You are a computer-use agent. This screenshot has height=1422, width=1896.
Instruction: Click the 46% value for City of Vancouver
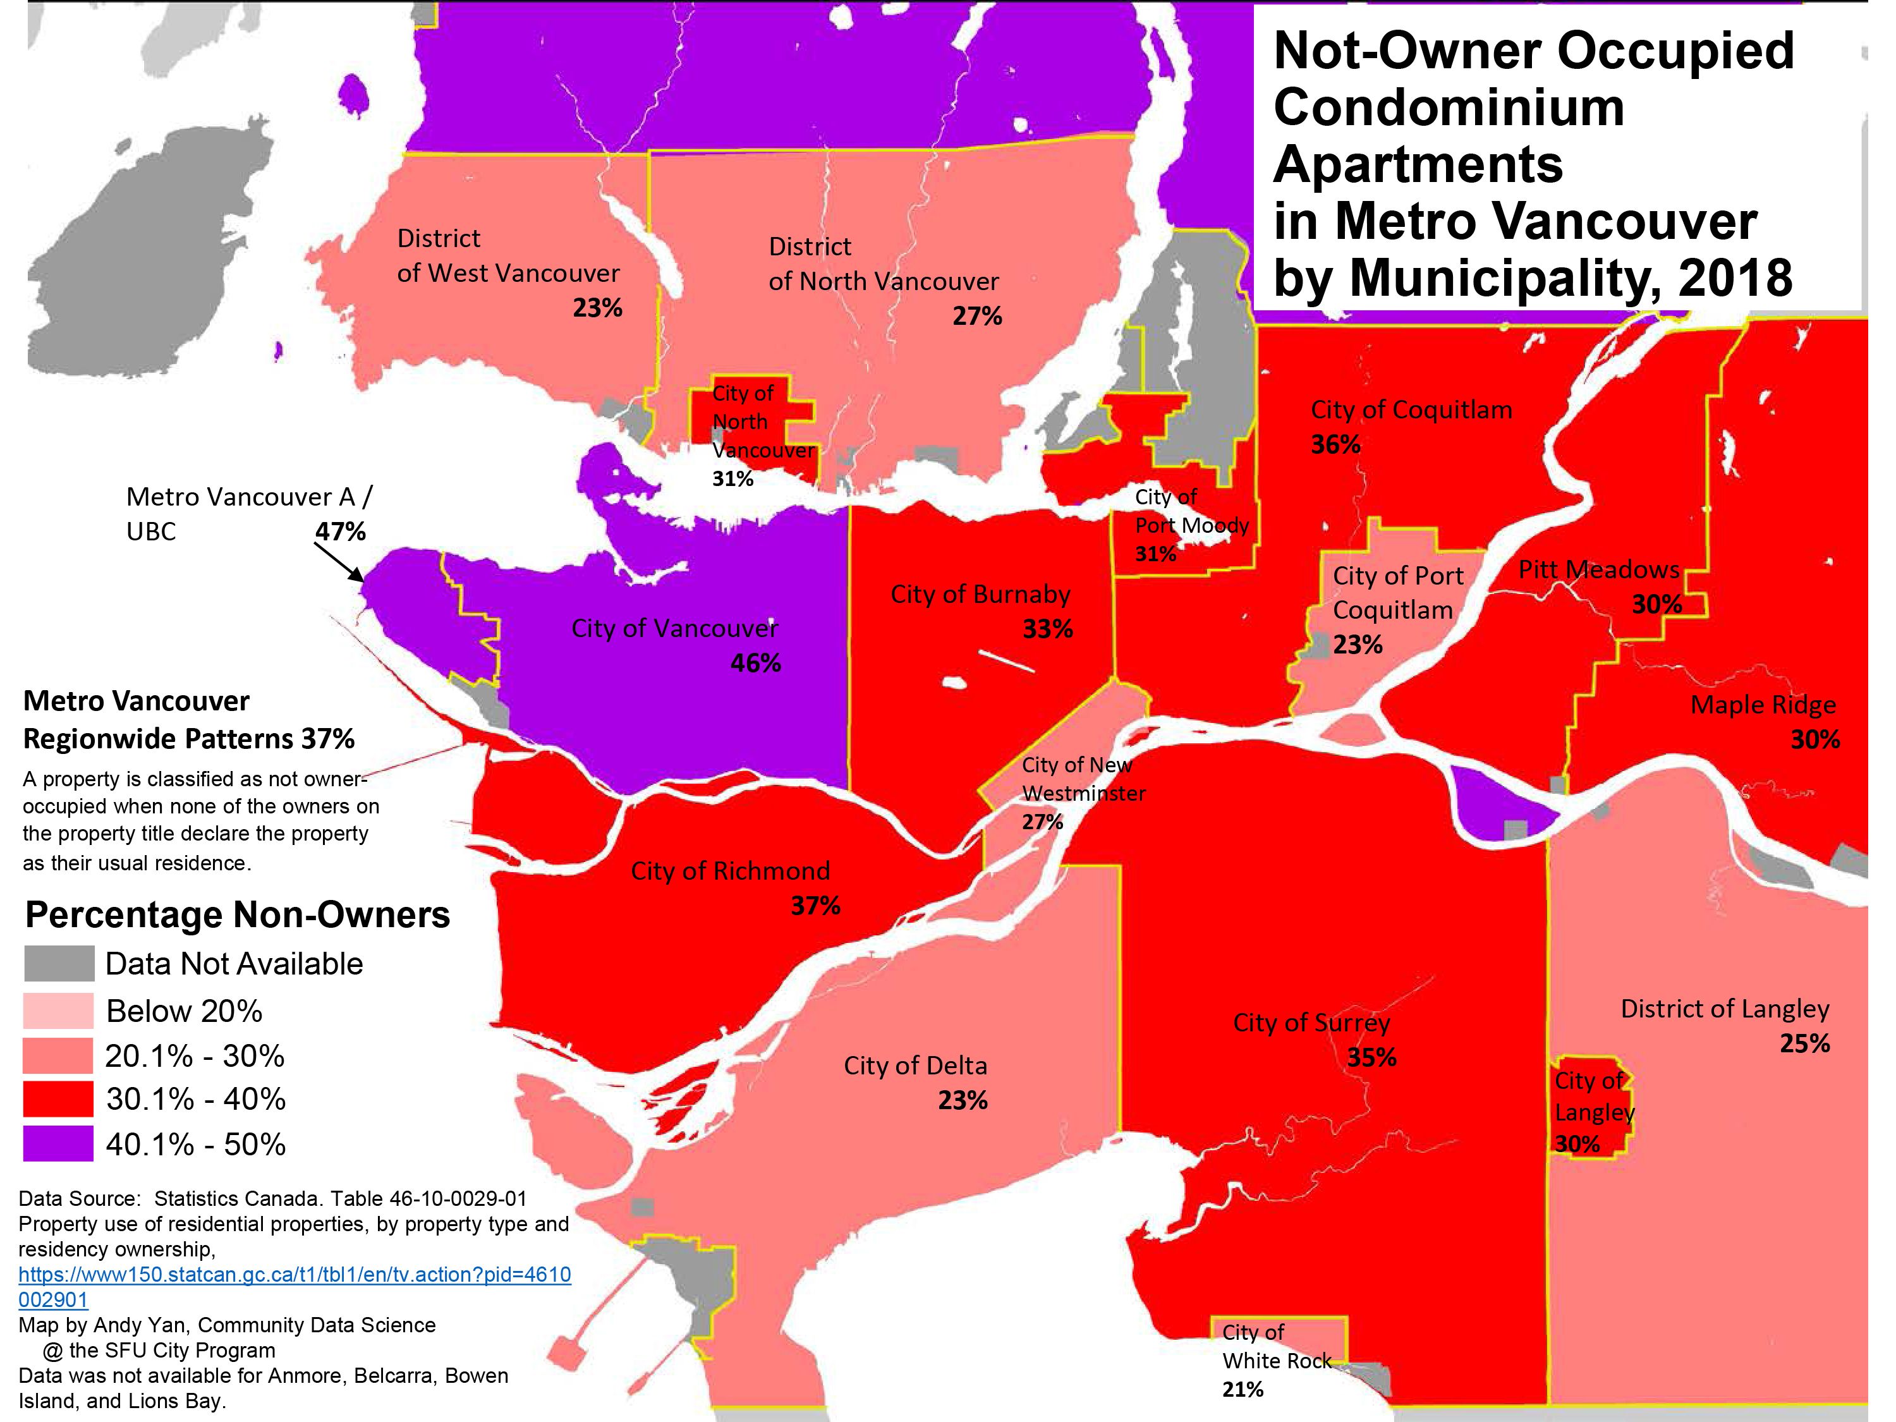755,664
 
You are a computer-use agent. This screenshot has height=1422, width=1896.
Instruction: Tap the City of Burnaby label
980,594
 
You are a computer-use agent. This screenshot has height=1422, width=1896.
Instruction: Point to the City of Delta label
915,1066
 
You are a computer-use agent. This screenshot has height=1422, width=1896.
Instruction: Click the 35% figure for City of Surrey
1371,1058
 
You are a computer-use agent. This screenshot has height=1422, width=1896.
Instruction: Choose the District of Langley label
1725,1009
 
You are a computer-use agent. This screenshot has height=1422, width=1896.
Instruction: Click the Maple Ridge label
1762,705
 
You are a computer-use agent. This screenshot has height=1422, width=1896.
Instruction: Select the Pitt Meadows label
1598,569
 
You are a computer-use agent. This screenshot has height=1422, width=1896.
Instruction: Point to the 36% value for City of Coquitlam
1335,444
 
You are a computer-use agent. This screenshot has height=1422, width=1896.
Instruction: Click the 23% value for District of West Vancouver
597,308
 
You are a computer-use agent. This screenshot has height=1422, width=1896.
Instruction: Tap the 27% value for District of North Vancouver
977,316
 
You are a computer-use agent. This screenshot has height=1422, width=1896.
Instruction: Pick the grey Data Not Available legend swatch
58,963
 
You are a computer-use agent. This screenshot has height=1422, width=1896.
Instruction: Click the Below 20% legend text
183,1011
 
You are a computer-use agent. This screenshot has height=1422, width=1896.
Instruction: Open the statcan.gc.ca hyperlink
294,1275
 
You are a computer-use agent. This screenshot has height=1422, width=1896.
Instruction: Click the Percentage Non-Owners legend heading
238,915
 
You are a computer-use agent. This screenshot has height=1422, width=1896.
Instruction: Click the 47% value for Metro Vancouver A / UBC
340,532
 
